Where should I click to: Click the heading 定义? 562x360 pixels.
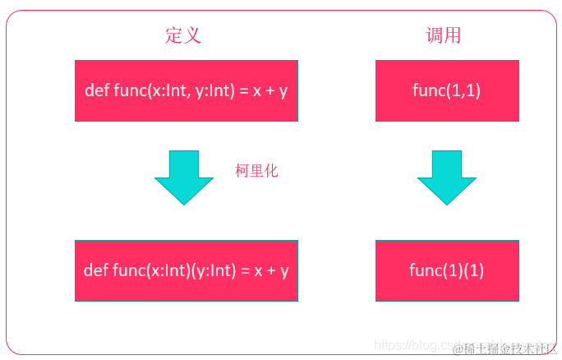click(x=183, y=35)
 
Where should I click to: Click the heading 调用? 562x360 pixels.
click(x=444, y=35)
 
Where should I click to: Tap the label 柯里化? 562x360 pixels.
click(x=256, y=171)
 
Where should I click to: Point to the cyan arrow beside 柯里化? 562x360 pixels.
click(x=184, y=177)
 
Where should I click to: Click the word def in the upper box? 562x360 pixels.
click(x=96, y=90)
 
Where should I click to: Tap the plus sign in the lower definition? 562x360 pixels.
click(x=269, y=270)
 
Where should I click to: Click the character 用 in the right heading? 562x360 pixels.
click(x=453, y=35)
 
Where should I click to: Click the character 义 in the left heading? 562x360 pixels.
click(x=193, y=35)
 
